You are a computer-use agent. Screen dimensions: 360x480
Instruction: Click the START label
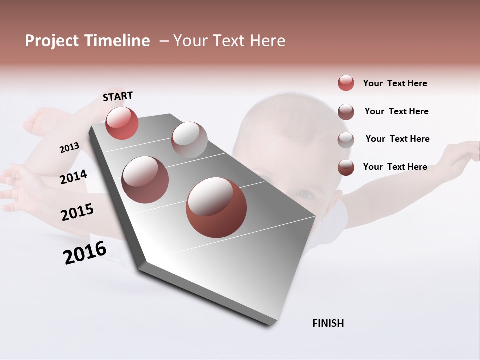click(118, 96)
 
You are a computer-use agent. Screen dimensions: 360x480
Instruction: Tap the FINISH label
click(328, 323)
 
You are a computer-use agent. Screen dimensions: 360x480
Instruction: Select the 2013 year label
click(69, 148)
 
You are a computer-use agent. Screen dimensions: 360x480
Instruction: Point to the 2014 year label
click(73, 177)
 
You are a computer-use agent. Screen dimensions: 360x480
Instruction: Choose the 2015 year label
click(77, 212)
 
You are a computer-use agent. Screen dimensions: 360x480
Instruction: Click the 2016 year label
click(85, 253)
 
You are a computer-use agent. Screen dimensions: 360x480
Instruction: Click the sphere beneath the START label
click(122, 123)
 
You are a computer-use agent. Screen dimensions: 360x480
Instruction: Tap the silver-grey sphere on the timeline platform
click(189, 139)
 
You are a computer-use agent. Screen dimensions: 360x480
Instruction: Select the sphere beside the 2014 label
click(145, 179)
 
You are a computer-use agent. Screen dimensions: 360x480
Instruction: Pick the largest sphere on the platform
click(216, 207)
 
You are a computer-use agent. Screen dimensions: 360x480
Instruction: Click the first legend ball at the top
click(346, 83)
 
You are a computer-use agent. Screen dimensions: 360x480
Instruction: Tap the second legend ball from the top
click(346, 111)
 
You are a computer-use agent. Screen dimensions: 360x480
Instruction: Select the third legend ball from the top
click(346, 139)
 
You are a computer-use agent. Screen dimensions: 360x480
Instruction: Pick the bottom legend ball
click(346, 167)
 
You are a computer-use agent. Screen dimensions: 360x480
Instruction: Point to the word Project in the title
click(52, 41)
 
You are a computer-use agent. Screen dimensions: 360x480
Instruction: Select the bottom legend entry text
click(395, 167)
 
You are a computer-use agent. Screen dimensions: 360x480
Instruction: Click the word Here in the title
click(267, 41)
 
